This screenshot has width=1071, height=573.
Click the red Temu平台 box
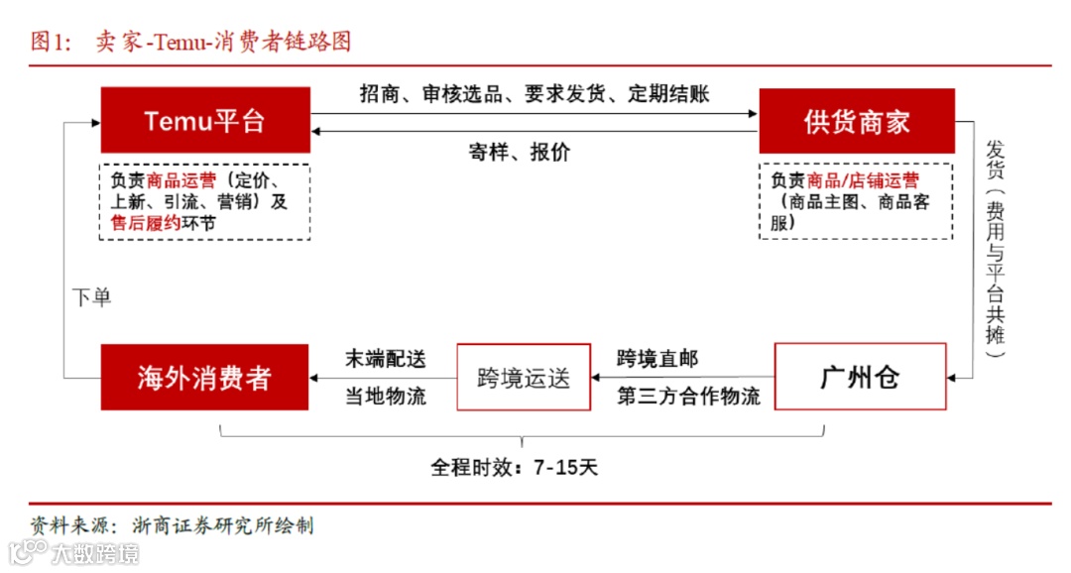204,120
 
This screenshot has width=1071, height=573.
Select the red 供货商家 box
856,121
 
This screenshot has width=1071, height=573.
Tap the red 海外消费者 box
204,377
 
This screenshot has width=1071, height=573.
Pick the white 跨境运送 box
523,377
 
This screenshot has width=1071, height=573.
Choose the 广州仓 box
860,377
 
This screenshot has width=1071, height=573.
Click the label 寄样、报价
520,153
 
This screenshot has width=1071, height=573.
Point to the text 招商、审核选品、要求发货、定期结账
534,94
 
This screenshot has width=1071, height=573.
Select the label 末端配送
385,358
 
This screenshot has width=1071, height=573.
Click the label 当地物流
385,397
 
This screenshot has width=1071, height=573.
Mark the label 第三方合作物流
688,397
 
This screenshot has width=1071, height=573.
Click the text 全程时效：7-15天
514,467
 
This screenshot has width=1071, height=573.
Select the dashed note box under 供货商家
855,201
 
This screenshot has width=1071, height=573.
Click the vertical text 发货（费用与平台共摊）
995,248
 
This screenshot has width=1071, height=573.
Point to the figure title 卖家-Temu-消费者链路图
223,41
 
